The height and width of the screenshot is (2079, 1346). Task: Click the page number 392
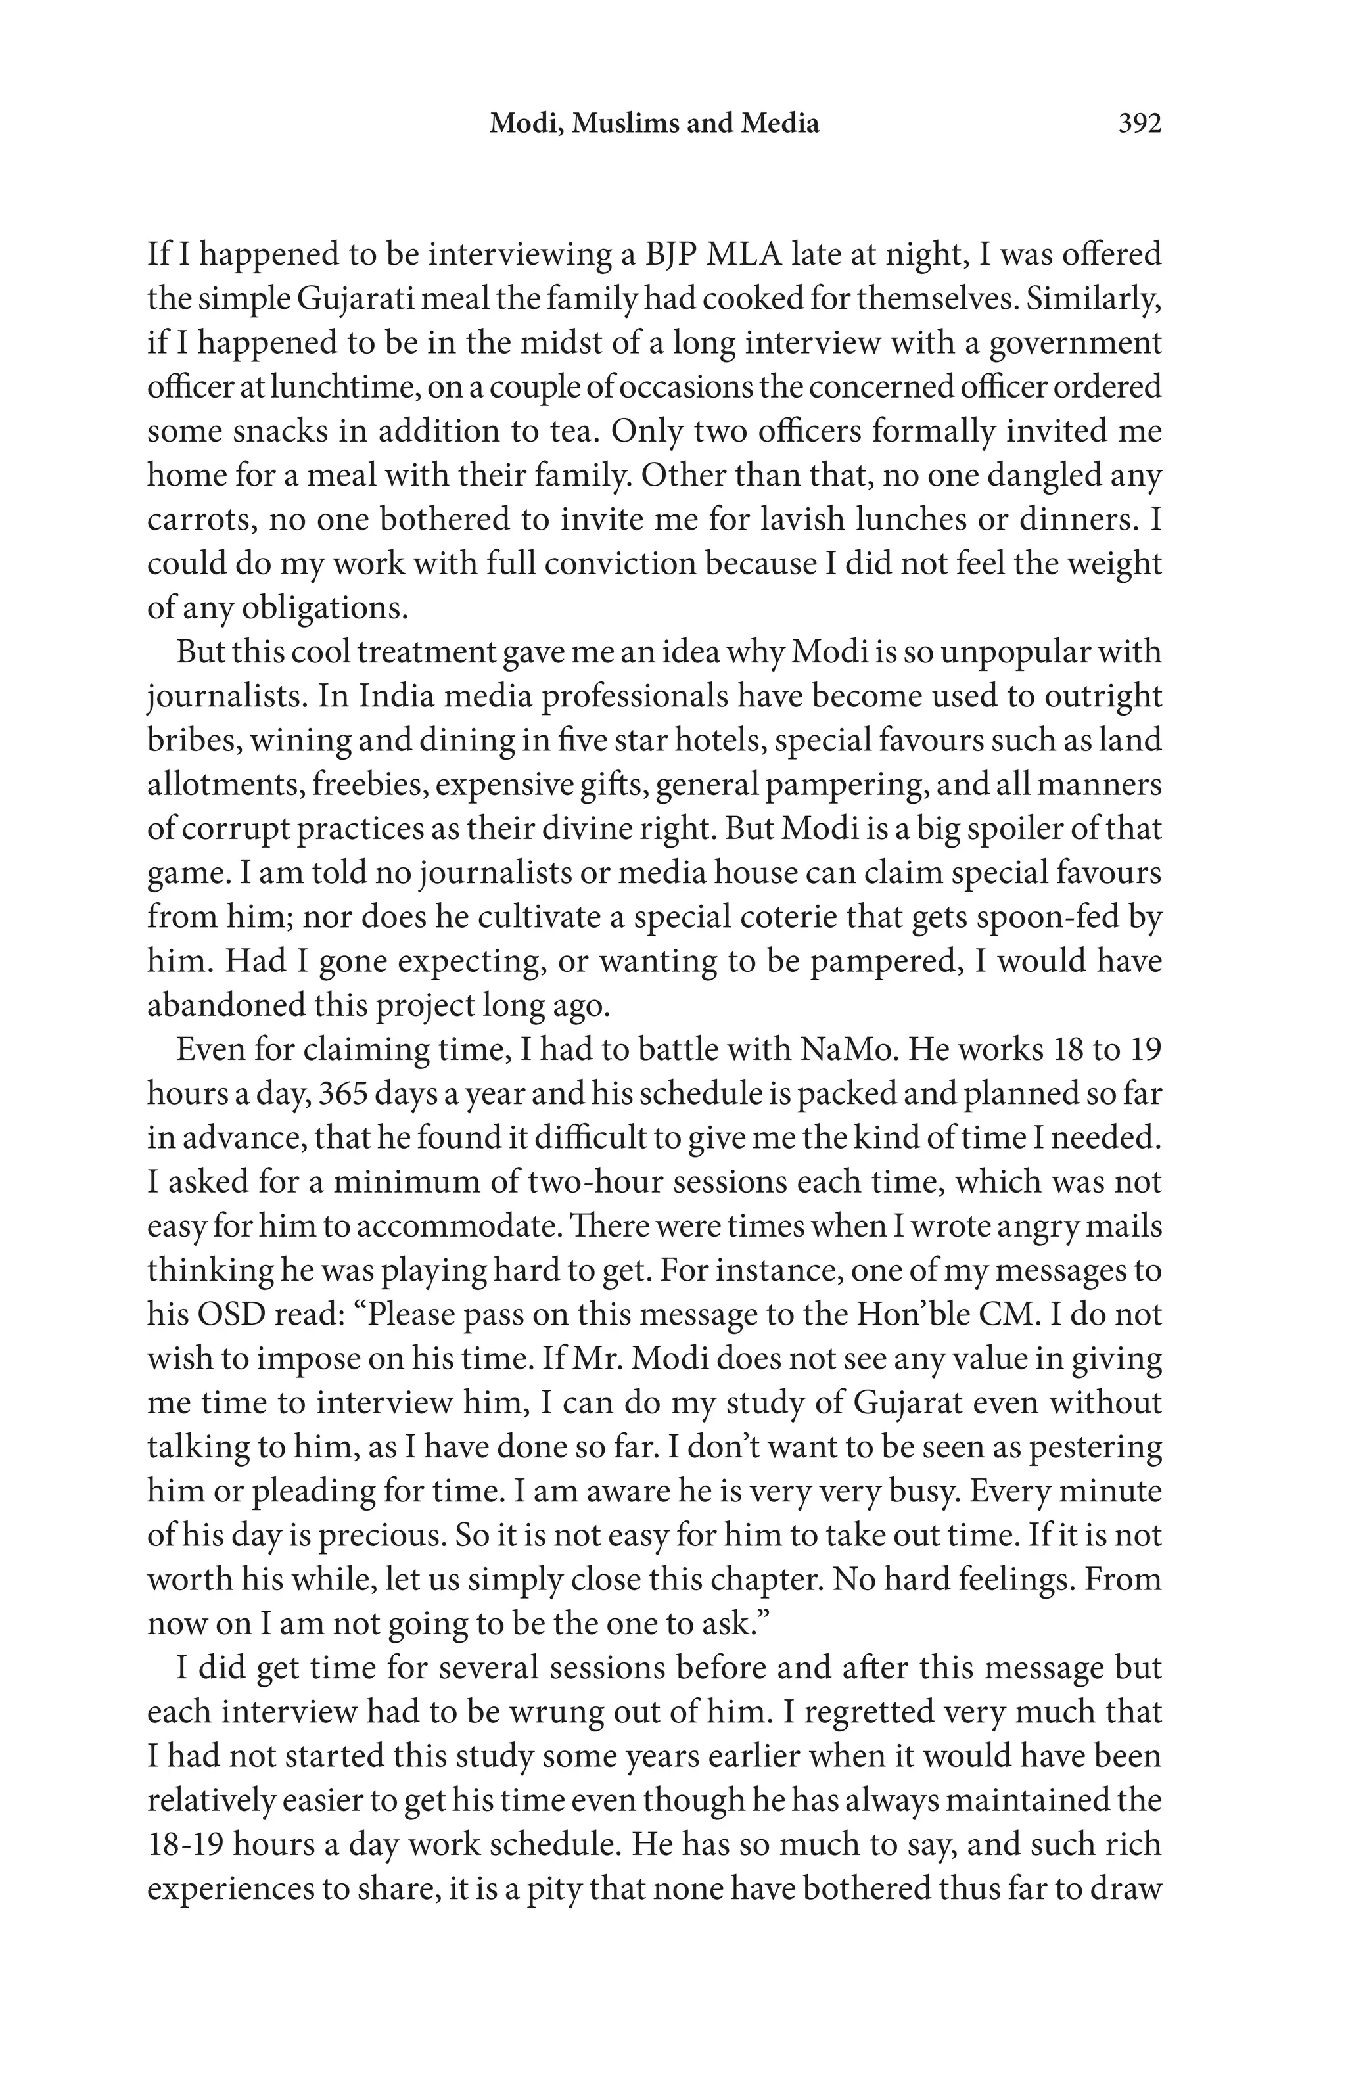point(1139,124)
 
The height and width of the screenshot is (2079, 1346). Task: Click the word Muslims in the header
point(624,124)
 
